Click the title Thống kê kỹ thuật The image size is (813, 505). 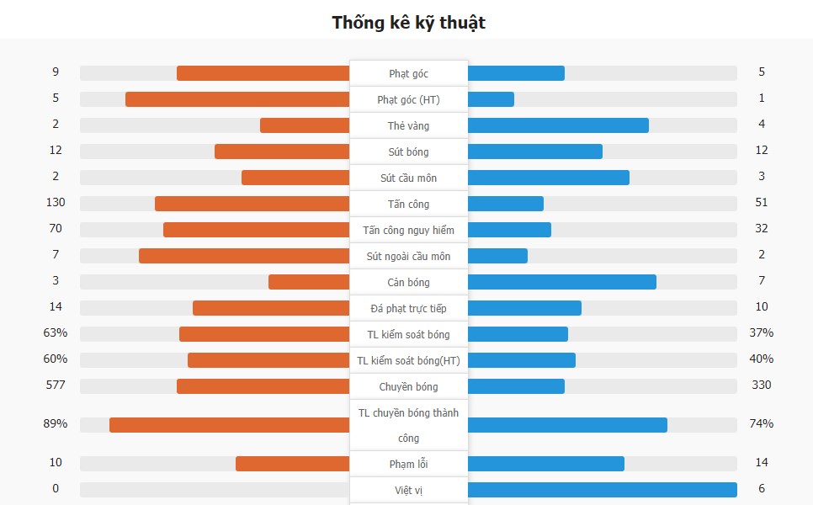click(x=408, y=22)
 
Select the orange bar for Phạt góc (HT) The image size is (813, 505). click(x=237, y=99)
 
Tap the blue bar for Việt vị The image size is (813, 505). click(x=602, y=490)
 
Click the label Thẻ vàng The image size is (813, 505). click(x=408, y=126)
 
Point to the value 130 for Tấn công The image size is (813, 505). click(x=56, y=203)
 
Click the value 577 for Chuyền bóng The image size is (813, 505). click(x=56, y=385)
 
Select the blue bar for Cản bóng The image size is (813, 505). click(x=561, y=282)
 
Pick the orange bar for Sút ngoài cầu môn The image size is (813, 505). click(x=244, y=256)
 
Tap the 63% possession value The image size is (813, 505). click(x=56, y=333)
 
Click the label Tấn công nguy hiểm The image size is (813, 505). click(x=408, y=231)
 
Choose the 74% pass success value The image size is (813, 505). click(x=761, y=424)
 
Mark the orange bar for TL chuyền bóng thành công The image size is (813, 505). click(x=229, y=425)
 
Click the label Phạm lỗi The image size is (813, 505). click(x=408, y=465)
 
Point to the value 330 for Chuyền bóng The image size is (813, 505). click(x=761, y=385)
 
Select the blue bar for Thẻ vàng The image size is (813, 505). click(x=558, y=125)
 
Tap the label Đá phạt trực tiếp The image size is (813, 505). click(x=408, y=309)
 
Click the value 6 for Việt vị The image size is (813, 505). click(x=761, y=489)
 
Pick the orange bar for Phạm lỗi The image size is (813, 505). click(x=292, y=464)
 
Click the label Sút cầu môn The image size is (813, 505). click(x=408, y=178)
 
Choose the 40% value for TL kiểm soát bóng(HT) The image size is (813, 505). click(x=761, y=359)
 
